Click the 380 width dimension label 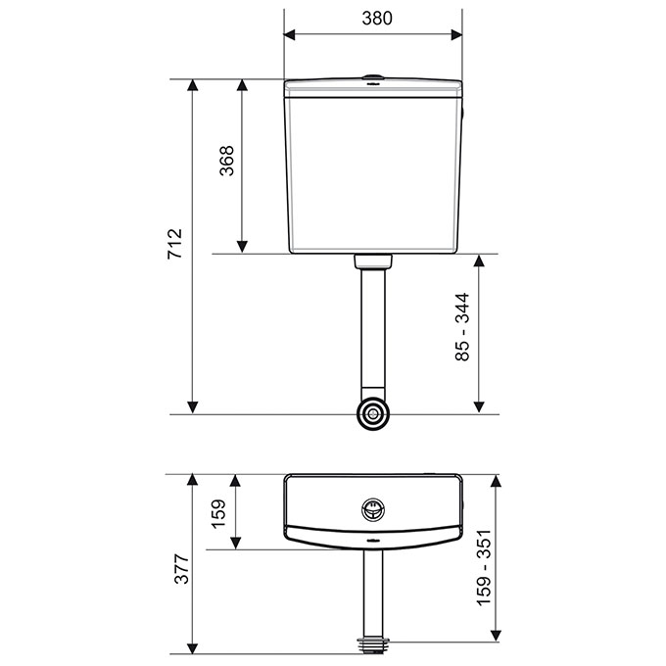pos(377,19)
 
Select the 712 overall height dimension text pos(174,244)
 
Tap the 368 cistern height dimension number pos(226,161)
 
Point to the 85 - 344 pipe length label pos(462,326)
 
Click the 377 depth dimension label pos(182,569)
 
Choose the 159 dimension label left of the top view pos(218,513)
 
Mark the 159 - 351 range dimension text pos(484,567)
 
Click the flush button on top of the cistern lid pos(373,77)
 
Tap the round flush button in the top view pos(373,509)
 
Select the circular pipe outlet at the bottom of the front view pos(373,413)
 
